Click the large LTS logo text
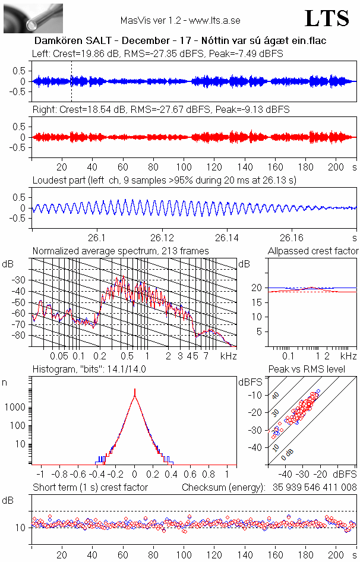pyautogui.click(x=326, y=18)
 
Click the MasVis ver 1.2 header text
pyautogui.click(x=180, y=20)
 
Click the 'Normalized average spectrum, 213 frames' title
pyautogui.click(x=121, y=251)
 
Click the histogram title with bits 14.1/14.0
pyautogui.click(x=89, y=369)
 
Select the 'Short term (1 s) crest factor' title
pyautogui.click(x=90, y=487)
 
